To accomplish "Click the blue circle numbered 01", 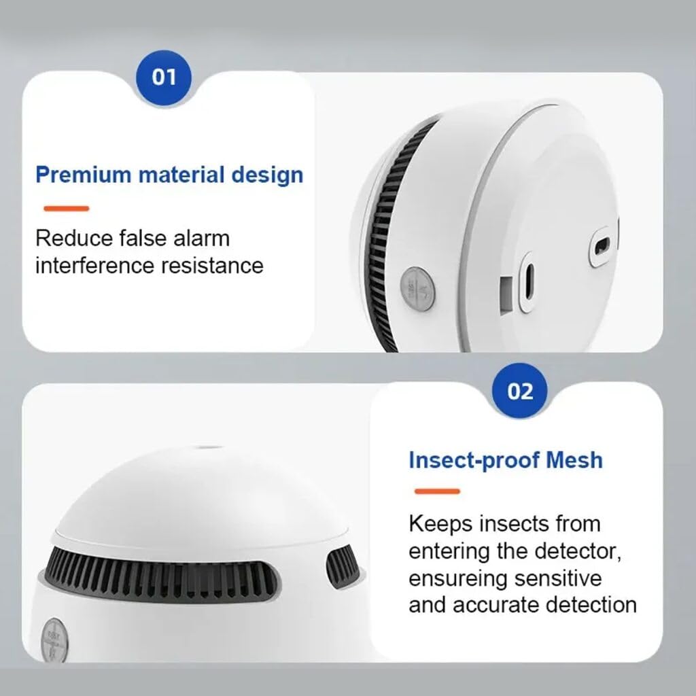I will tap(163, 76).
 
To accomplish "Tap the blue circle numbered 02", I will tap(520, 391).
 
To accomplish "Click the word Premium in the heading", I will tap(83, 175).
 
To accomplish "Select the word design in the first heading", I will tap(267, 175).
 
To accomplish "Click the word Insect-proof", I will tap(465, 459).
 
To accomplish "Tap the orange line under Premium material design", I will tap(66, 209).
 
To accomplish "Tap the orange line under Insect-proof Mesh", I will tap(437, 491).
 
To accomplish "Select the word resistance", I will tap(212, 265).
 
